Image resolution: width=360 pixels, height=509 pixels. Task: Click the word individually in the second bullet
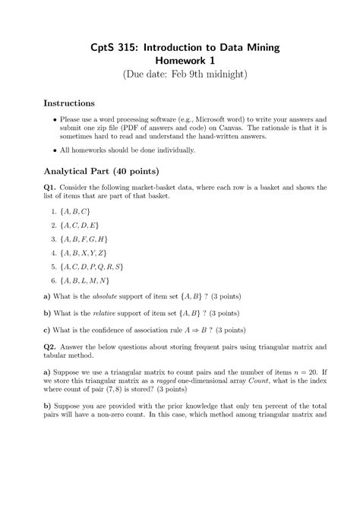click(x=173, y=150)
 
